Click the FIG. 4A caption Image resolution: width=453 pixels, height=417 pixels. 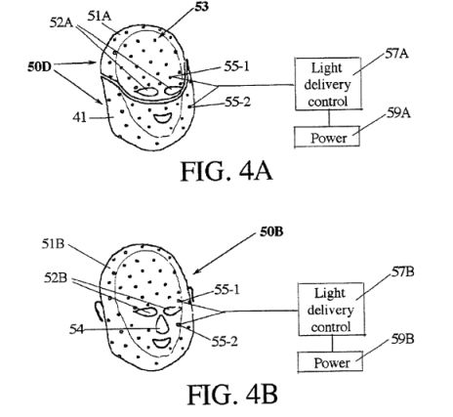pyautogui.click(x=226, y=171)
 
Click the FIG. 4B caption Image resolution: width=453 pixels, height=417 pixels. pyautogui.click(x=232, y=395)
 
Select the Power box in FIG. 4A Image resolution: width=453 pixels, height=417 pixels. pyautogui.click(x=327, y=137)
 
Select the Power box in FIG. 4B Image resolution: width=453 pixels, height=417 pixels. pyautogui.click(x=330, y=361)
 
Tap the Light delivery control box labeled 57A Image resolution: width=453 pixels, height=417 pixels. pyautogui.click(x=328, y=84)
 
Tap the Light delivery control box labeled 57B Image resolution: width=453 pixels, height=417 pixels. pyautogui.click(x=331, y=310)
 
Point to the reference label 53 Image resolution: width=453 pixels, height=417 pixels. pyautogui.click(x=202, y=7)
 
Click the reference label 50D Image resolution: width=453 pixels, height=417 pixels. pyautogui.click(x=39, y=67)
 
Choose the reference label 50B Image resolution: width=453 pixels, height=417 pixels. pyautogui.click(x=271, y=231)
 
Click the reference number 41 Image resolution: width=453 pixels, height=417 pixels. pyautogui.click(x=80, y=117)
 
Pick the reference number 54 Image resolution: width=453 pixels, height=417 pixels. pyautogui.click(x=76, y=329)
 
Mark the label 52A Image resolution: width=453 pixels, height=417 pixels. pyautogui.click(x=62, y=22)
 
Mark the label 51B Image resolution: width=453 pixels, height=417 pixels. pyautogui.click(x=53, y=244)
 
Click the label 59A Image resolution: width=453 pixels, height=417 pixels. pyautogui.click(x=398, y=113)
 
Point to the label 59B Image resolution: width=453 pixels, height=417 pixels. pyautogui.click(x=402, y=339)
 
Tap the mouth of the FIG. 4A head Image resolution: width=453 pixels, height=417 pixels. pyautogui.click(x=163, y=118)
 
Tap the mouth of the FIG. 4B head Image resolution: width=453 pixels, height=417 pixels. pyautogui.click(x=162, y=343)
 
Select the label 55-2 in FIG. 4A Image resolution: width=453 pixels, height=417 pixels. pyautogui.click(x=237, y=103)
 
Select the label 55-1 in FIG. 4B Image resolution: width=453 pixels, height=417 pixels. pyautogui.click(x=226, y=289)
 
